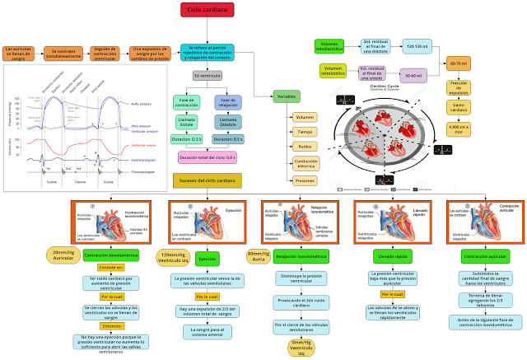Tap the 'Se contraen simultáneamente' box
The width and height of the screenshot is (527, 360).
pos(64,54)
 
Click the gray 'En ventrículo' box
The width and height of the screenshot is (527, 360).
pos(208,76)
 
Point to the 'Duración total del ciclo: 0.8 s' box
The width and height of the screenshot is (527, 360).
pos(207,157)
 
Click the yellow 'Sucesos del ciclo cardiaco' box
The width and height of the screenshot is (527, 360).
pos(207,180)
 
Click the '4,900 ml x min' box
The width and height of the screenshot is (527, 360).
pos(459,129)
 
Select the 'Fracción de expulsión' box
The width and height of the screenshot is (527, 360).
pos(459,87)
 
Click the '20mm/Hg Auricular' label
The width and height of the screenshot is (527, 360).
pos(63,255)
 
